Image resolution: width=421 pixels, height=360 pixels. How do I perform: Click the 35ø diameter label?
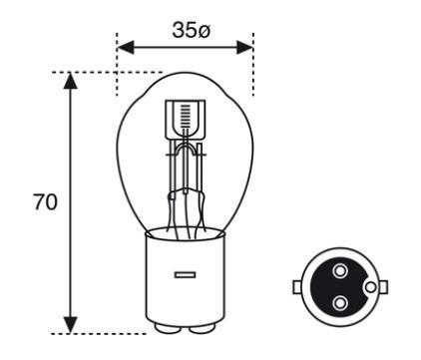click(191, 31)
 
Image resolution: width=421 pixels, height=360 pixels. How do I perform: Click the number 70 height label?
click(45, 202)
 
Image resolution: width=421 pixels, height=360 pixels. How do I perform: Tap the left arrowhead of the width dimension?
click(126, 47)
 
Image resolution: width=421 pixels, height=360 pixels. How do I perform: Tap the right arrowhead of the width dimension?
click(245, 47)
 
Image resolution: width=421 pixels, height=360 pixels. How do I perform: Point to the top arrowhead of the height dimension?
click(70, 81)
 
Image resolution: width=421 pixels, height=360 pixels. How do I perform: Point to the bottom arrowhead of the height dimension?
click(70, 325)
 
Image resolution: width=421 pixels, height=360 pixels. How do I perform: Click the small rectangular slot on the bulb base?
click(185, 275)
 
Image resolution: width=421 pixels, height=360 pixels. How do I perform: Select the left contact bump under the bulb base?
click(168, 329)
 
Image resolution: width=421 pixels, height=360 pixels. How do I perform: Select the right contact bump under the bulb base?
click(202, 329)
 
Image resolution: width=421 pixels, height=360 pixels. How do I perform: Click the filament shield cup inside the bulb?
click(186, 120)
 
